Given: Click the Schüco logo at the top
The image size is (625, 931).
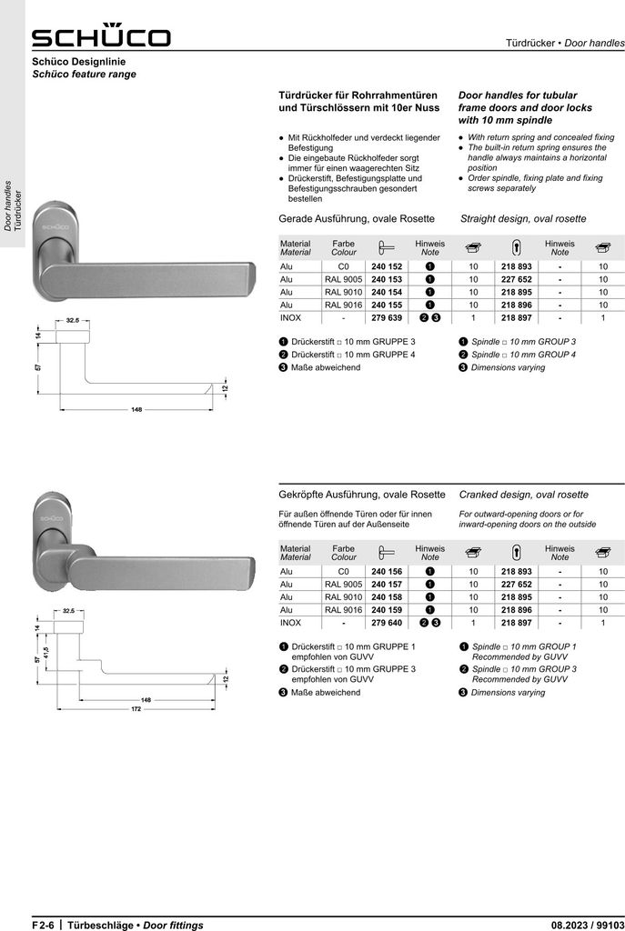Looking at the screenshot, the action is pos(101,35).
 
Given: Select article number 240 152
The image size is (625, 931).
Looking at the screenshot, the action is pos(387,266).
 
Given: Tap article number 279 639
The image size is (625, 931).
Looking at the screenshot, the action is pos(387,317).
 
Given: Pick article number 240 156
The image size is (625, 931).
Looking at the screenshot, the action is pos(387,571).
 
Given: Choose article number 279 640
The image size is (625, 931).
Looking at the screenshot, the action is pos(387,623).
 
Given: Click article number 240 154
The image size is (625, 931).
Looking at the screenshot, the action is pos(387,292).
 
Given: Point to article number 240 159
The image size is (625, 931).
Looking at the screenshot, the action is pos(387,610).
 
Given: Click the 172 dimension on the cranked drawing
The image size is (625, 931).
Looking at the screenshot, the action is pos(136,709).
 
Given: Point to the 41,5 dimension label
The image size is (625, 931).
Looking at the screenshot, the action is pos(46,653).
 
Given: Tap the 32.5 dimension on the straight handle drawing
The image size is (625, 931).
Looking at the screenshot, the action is pos(73,320).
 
